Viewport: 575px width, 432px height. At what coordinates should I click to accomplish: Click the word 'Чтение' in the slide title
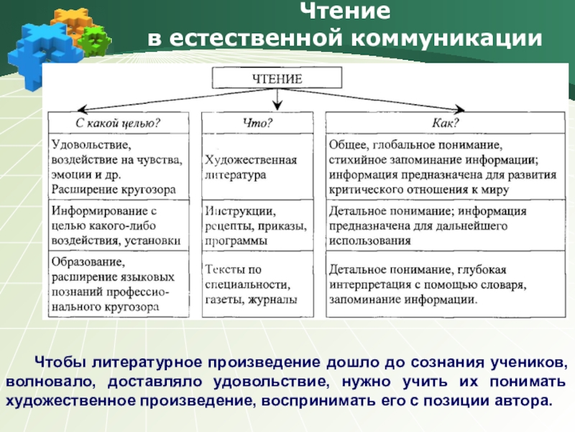[344, 12]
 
